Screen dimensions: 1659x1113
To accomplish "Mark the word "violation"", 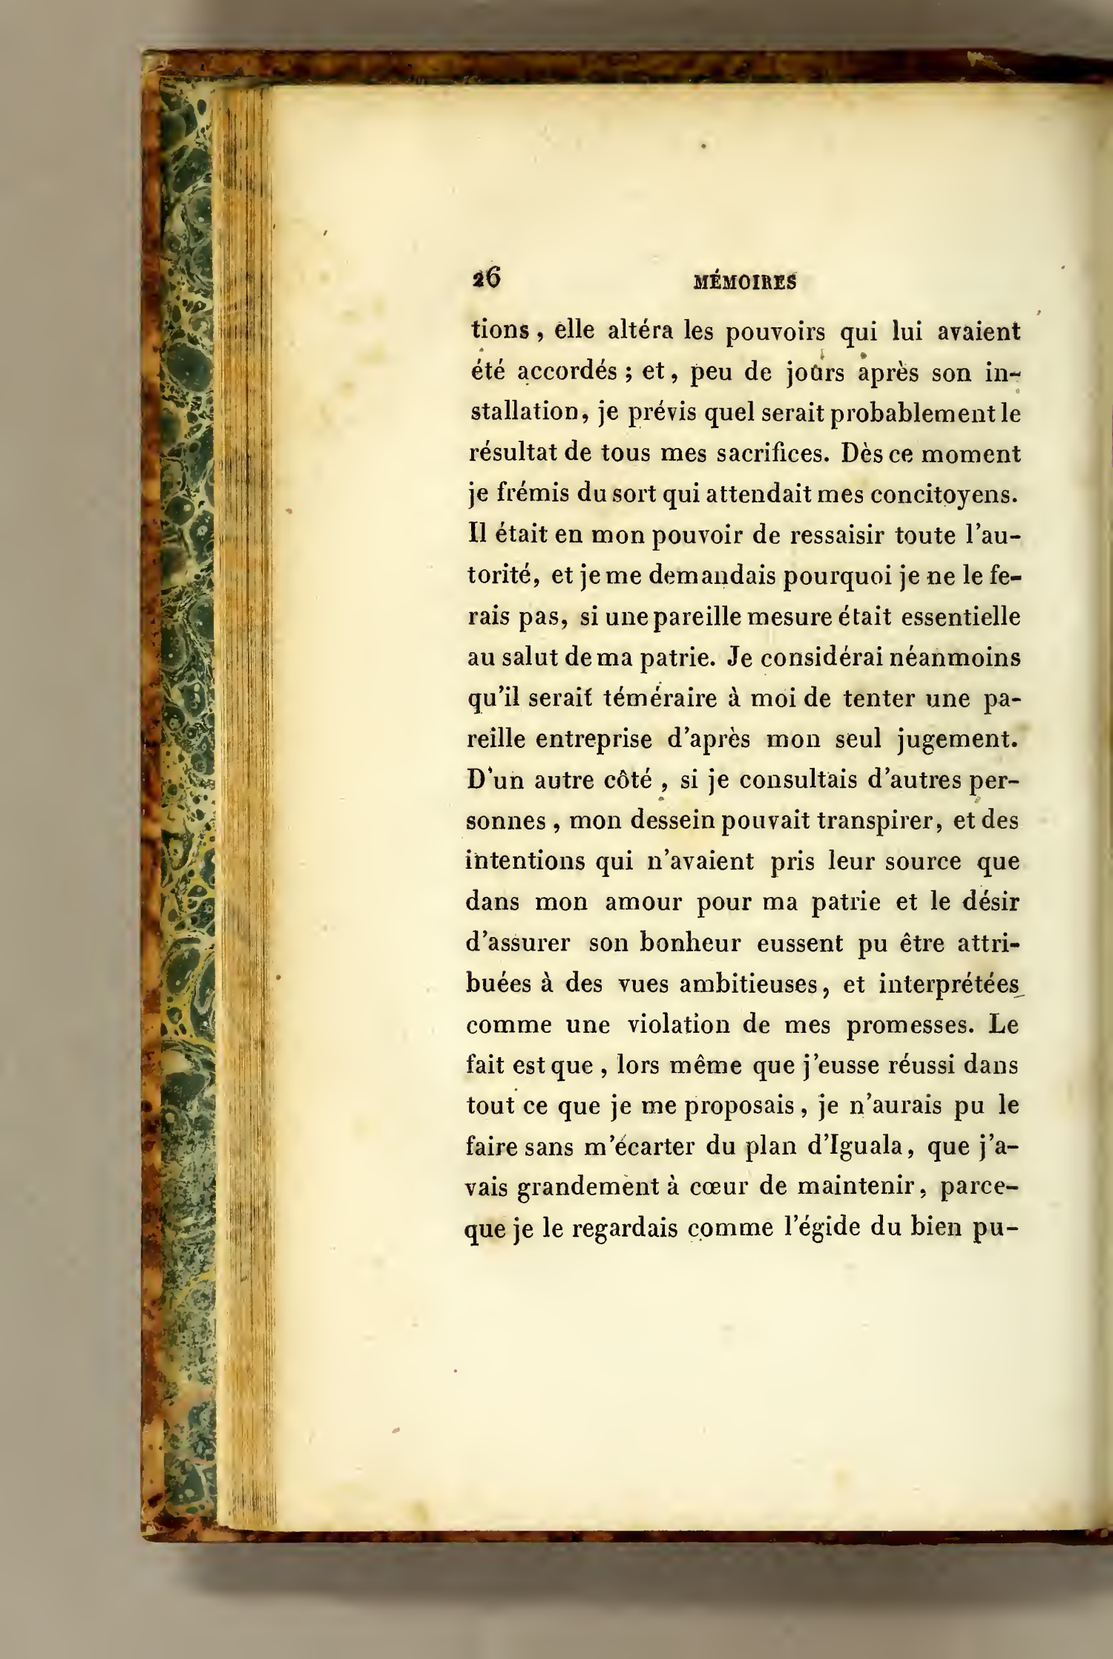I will (674, 1025).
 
